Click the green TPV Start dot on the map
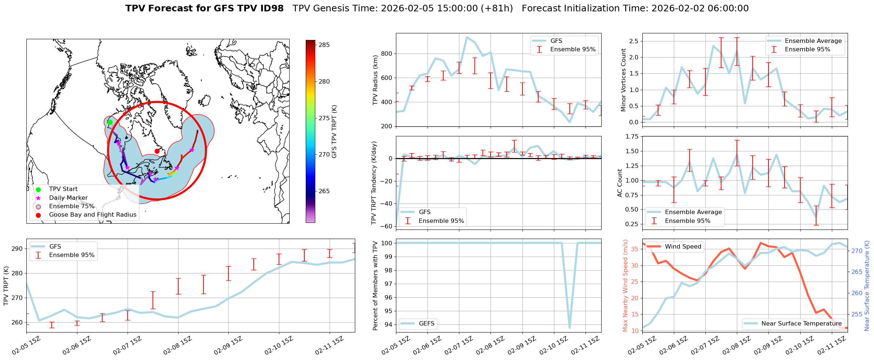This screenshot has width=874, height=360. point(110,122)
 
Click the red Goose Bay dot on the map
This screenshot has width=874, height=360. point(157,151)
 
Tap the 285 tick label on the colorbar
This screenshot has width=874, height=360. point(324,45)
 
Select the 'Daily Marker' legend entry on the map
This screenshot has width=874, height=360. point(68,198)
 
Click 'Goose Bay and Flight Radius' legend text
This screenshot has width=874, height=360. point(92,215)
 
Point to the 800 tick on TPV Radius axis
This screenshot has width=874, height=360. point(387,54)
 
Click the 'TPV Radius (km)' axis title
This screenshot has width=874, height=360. point(375,80)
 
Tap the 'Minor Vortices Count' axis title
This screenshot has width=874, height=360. point(624,80)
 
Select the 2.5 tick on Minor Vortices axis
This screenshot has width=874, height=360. point(634,41)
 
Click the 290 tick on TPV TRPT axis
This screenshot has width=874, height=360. point(17,249)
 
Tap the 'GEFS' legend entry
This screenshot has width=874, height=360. point(427,324)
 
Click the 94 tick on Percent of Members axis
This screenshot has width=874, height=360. point(388,324)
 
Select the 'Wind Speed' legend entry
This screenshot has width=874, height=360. point(683,247)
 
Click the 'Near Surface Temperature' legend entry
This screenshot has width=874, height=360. point(801,324)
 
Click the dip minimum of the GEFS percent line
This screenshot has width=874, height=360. point(569,328)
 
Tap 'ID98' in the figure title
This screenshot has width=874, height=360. point(271,8)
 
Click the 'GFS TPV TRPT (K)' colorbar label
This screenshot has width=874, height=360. point(334,131)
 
